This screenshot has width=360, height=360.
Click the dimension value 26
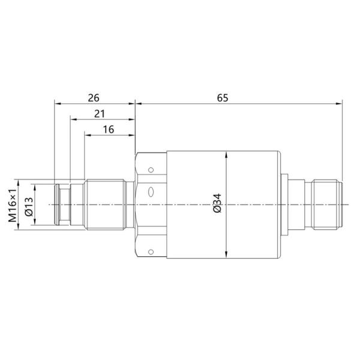point(94,97)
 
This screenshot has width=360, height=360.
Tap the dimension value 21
point(101,113)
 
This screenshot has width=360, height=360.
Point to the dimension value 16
point(109,129)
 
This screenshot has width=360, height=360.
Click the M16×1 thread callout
point(12,205)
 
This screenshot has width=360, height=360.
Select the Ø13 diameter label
point(28,205)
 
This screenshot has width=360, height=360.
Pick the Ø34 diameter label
point(217,205)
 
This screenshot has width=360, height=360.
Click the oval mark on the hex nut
point(151,193)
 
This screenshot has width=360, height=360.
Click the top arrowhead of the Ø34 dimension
point(226,154)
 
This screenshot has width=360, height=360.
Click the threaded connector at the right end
point(324,205)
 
